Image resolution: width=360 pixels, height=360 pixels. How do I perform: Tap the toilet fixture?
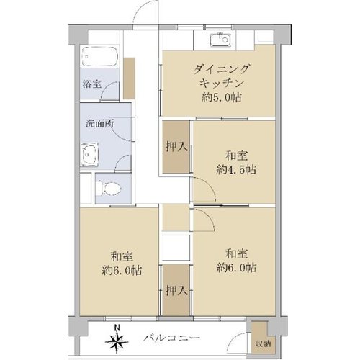(108, 188)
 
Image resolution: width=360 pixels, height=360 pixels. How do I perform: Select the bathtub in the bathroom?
(100, 57)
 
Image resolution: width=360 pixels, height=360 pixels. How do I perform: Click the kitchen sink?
(220, 40)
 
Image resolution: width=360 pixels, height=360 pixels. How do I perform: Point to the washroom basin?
(90, 154)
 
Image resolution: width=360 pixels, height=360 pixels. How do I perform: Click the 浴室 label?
(91, 84)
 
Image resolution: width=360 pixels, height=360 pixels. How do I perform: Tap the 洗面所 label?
(100, 124)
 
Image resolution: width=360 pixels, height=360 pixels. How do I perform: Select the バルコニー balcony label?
(172, 338)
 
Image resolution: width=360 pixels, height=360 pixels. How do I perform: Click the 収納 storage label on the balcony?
(264, 343)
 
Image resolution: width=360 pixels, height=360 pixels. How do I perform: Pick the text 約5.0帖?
(222, 97)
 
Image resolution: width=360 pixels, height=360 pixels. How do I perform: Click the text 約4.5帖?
(236, 170)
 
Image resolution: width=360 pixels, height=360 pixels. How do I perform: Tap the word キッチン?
(222, 84)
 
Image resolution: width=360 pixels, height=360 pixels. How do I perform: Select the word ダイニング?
(222, 69)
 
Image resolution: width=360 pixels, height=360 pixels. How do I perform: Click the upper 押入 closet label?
(176, 146)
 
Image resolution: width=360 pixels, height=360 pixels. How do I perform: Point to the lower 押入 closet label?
(176, 291)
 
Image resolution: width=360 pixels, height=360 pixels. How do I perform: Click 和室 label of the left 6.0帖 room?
(122, 257)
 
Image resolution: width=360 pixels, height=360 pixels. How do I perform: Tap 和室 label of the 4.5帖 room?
(236, 156)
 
